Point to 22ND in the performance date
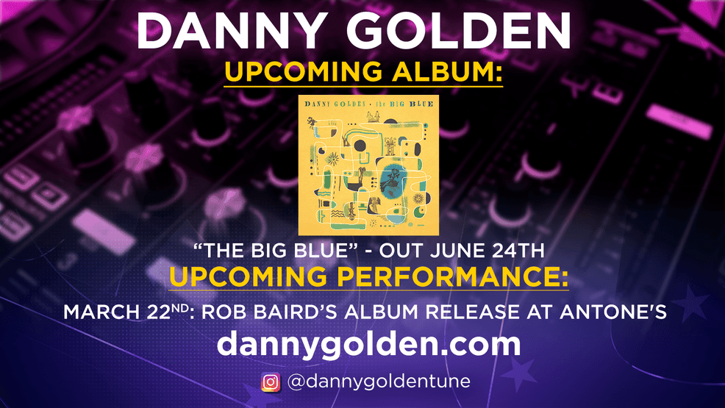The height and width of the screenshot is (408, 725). (168, 311)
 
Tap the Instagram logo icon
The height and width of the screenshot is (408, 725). (271, 382)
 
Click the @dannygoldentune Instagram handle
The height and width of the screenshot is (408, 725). (379, 382)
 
